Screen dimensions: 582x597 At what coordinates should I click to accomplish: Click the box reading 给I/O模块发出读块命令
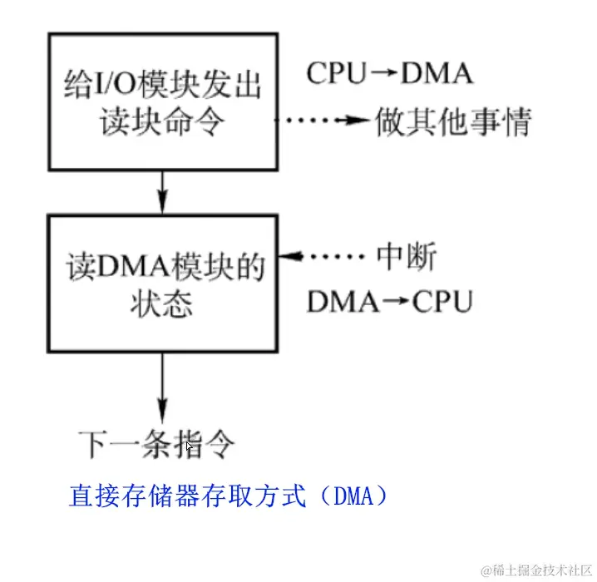point(163,102)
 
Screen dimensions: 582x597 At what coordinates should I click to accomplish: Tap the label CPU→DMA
point(390,74)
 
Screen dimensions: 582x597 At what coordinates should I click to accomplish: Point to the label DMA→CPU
point(390,302)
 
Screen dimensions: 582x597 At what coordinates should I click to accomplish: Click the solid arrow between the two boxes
point(164,191)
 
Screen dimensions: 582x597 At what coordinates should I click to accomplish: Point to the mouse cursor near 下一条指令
point(189,446)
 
